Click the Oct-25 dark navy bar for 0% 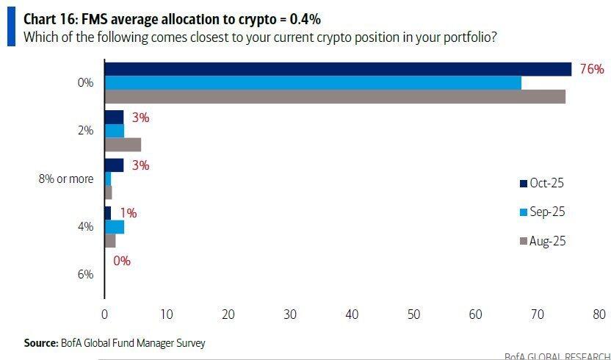coord(338,69)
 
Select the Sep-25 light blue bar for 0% coord(313,82)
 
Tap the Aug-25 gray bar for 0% coord(335,96)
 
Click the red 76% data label coord(591,70)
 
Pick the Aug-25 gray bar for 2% coord(123,144)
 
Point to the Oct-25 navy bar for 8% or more coord(114,165)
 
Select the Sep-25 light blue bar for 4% coord(115,226)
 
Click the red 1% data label coord(129,213)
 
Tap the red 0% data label coord(123,260)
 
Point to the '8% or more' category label coord(65,179)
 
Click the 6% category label coord(85,274)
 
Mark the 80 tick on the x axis coord(599,314)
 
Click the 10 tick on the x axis coord(166,314)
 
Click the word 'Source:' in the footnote coord(41,342)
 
